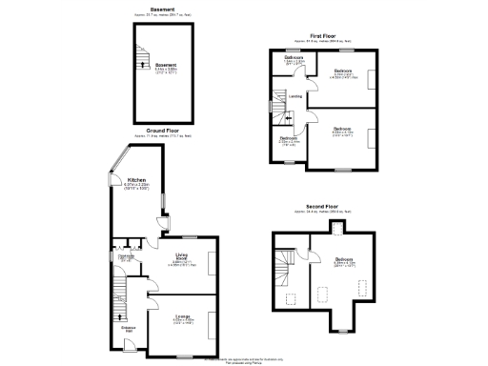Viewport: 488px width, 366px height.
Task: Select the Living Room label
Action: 182,256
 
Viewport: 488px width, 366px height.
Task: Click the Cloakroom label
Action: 125,256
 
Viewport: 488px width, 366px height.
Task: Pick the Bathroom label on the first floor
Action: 294,58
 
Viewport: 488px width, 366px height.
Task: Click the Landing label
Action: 296,96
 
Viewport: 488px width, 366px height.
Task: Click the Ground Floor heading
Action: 150,131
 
